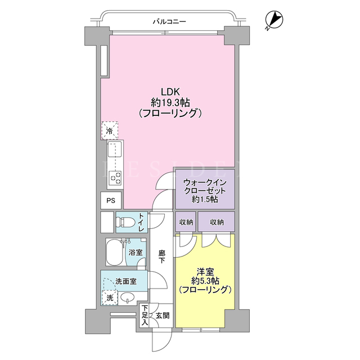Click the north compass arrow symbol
[274, 20]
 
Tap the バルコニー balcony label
[169, 22]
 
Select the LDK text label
[170, 92]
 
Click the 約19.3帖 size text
[170, 102]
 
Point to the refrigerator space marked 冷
[110, 130]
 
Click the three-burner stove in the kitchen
[115, 178]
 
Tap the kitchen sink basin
[115, 149]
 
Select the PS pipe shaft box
[111, 200]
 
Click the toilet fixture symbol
[123, 222]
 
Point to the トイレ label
[141, 222]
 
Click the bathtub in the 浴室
[115, 252]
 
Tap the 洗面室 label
[126, 281]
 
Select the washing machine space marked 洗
[110, 298]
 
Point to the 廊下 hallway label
[161, 256]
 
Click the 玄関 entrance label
[163, 316]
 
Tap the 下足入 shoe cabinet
[145, 315]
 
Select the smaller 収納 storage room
[186, 222]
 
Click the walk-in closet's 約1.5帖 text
[205, 200]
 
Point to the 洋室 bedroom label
[205, 272]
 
